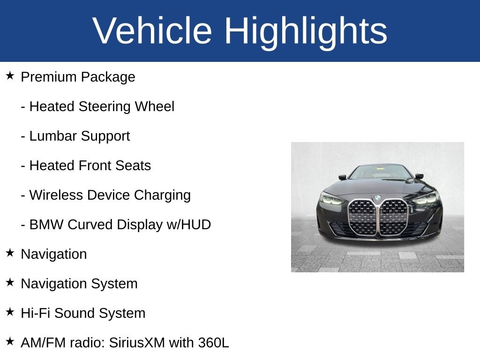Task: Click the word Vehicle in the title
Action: pyautogui.click(x=152, y=30)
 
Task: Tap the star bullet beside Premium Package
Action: pyautogui.click(x=10, y=75)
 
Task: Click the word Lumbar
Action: pyautogui.click(x=53, y=136)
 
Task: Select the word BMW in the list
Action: pyautogui.click(x=46, y=225)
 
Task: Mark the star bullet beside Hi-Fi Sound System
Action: pyautogui.click(x=10, y=312)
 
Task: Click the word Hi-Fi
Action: pyautogui.click(x=36, y=313)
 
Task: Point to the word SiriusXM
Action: pyautogui.click(x=137, y=343)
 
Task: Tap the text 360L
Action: pyautogui.click(x=213, y=343)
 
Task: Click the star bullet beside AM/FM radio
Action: pyautogui.click(x=10, y=341)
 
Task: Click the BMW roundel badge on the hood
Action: pyautogui.click(x=378, y=198)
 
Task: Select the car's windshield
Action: pyautogui.click(x=381, y=172)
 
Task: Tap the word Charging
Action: pyautogui.click(x=162, y=195)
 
